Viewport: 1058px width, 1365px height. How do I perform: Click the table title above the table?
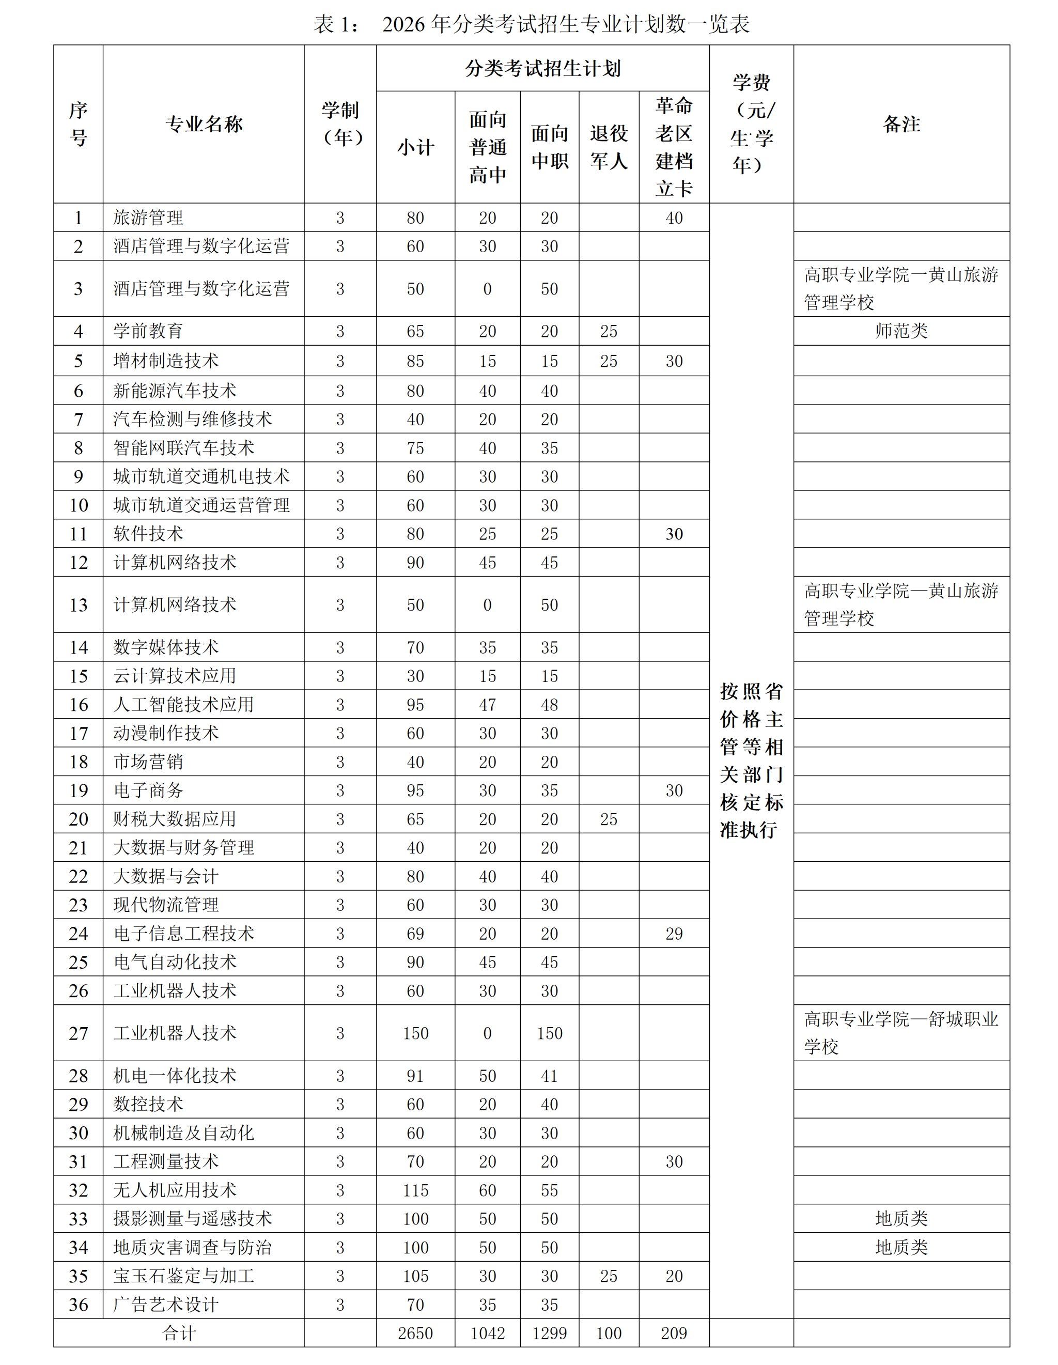[x=531, y=25]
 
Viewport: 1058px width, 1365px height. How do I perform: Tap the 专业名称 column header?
[x=204, y=125]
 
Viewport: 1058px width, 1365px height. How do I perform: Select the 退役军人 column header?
[x=609, y=147]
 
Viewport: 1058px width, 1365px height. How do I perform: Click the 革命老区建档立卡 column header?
[x=674, y=147]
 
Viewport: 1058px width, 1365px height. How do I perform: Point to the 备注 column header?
[x=901, y=125]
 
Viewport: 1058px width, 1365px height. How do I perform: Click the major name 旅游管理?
[x=148, y=218]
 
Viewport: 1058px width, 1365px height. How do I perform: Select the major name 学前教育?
[x=148, y=331]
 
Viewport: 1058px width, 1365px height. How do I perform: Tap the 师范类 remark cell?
[x=901, y=331]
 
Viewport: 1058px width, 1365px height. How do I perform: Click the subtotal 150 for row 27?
[x=415, y=1033]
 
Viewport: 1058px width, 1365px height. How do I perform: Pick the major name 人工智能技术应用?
[x=184, y=704]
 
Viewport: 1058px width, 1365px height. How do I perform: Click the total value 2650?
[x=415, y=1333]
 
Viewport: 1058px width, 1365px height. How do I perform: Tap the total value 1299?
[x=549, y=1333]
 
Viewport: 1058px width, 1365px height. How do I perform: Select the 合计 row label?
[x=179, y=1333]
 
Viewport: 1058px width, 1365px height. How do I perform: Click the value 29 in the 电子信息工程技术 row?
[x=674, y=934]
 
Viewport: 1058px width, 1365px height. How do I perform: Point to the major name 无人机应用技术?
[x=175, y=1190]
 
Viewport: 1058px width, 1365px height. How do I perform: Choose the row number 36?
[x=78, y=1305]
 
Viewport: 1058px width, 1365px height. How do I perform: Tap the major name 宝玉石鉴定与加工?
[x=184, y=1276]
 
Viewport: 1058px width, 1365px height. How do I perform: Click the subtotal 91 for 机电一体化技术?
[x=415, y=1076]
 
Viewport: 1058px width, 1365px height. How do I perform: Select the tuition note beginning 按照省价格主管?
[x=751, y=761]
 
